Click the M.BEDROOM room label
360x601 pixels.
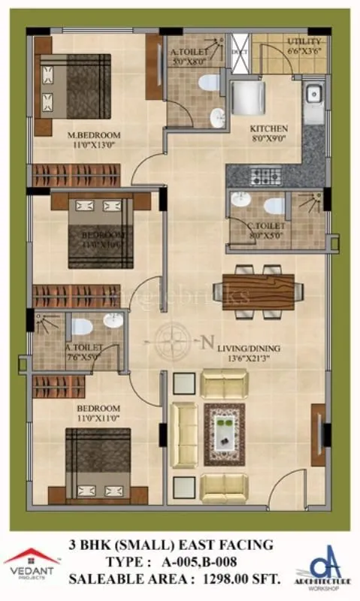[94, 136]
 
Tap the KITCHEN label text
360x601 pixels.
[269, 128]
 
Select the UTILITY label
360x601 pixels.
[304, 41]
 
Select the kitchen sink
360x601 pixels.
[313, 96]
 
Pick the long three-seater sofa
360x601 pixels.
[183, 435]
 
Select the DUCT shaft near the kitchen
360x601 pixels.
[240, 53]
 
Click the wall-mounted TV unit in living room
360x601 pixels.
[319, 433]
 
